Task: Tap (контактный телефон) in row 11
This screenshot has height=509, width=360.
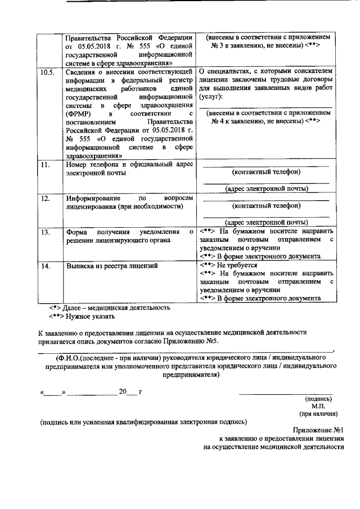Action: (x=267, y=172)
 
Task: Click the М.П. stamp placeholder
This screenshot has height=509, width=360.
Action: (x=318, y=404)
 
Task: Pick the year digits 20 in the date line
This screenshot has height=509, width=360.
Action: (x=123, y=391)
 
